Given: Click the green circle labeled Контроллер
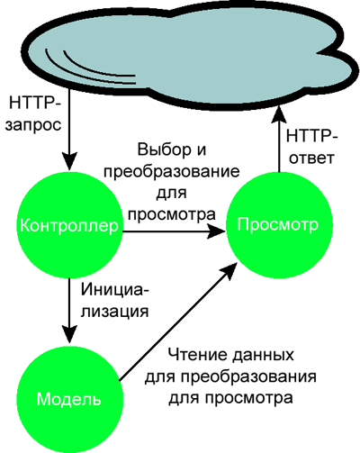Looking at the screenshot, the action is (69, 225).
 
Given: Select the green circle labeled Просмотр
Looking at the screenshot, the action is (279, 225).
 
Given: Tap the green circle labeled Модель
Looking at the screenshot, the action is (69, 398).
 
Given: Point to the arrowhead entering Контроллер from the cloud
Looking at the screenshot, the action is (69, 162).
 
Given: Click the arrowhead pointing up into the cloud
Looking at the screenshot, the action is (279, 114).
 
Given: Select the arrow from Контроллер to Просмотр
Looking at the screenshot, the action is (174, 231).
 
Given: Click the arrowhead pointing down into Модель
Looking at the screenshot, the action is (69, 334).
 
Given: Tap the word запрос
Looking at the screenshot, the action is (33, 125).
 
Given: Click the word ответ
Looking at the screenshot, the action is (311, 158).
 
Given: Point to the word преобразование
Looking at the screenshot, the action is (173, 172).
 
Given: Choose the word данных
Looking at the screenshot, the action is (263, 356).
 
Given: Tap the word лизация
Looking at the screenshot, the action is (115, 312).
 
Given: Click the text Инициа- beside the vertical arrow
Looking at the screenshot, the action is (114, 290).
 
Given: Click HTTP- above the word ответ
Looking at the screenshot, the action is (312, 136).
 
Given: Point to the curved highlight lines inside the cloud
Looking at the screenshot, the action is (90, 68).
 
